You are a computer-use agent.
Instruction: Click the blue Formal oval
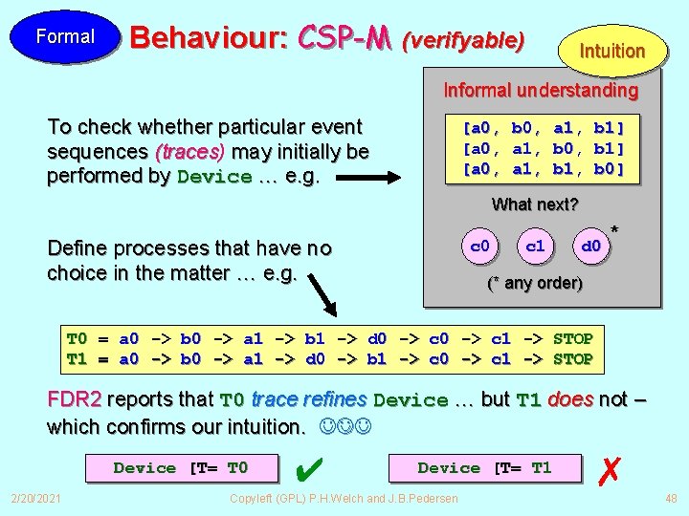(65, 37)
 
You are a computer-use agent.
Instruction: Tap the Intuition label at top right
(612, 51)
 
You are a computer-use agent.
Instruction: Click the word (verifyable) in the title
(463, 40)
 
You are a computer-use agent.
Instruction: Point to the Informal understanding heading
(540, 91)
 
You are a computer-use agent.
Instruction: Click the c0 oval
(480, 247)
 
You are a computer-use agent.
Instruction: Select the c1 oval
(535, 247)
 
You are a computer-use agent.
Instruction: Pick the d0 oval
(590, 247)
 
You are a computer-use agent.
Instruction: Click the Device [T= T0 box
(181, 468)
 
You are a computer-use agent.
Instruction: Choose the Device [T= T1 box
(484, 468)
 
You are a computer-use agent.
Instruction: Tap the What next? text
(535, 204)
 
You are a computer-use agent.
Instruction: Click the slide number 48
(670, 498)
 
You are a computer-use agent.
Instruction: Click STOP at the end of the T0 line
(573, 339)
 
